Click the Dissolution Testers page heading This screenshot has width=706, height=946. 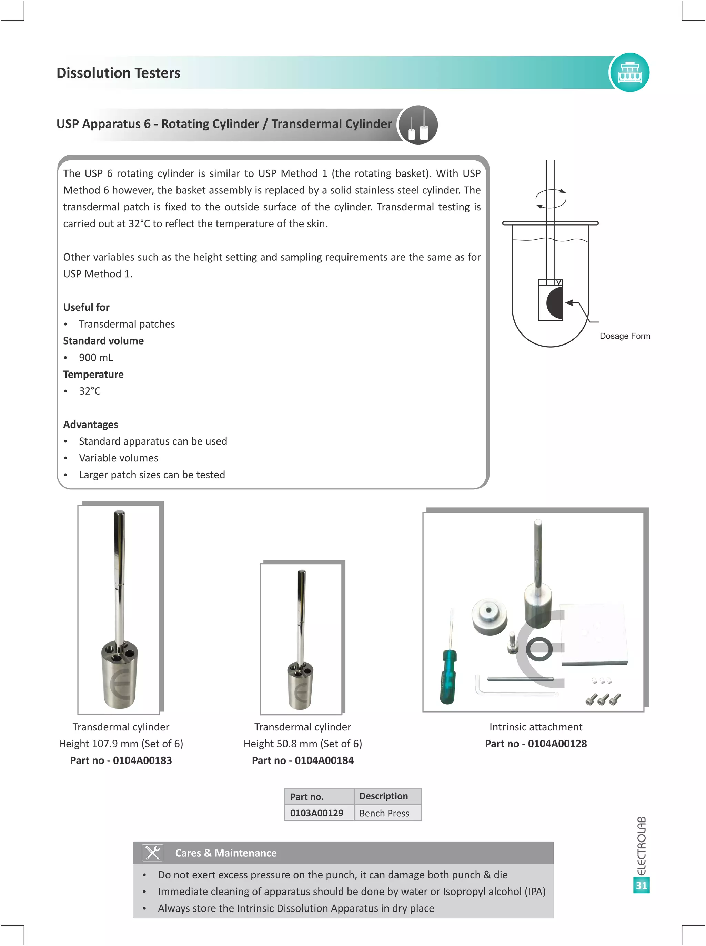[118, 73]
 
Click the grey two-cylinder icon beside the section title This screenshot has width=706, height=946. [418, 125]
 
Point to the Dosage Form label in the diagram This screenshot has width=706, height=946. [624, 336]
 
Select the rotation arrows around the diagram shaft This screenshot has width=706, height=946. [551, 199]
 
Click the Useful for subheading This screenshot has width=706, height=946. [86, 307]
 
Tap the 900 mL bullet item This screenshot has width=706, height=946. [96, 357]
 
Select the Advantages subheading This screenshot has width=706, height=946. [91, 425]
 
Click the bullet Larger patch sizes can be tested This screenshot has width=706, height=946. [152, 475]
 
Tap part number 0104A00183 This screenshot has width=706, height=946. [121, 760]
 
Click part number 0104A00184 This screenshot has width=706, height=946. [303, 760]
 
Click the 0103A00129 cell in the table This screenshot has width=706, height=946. [317, 813]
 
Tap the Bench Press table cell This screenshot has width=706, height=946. [384, 813]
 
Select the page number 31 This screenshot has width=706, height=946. [641, 885]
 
